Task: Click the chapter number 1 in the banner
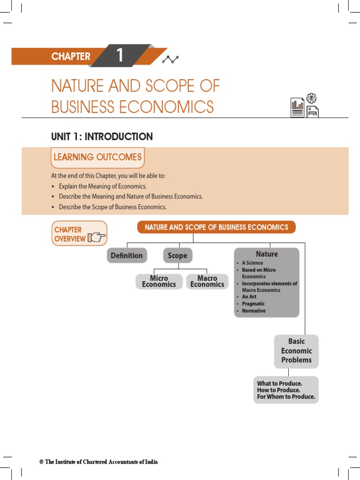click(120, 56)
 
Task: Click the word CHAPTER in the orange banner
click(71, 57)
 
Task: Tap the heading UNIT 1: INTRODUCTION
click(102, 137)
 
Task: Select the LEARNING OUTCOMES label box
click(97, 157)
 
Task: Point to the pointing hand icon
click(97, 238)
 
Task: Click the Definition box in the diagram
click(127, 255)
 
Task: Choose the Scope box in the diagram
click(177, 255)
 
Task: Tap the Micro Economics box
click(159, 281)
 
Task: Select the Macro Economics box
click(207, 281)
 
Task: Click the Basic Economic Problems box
click(296, 351)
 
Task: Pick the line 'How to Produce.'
click(278, 390)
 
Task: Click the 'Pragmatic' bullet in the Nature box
click(253, 304)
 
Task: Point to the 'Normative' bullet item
click(254, 311)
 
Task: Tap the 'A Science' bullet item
click(253, 263)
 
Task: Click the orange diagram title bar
click(216, 227)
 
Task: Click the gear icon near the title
click(311, 98)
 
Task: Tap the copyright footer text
click(99, 462)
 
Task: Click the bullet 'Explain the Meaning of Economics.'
click(103, 186)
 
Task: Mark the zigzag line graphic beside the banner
click(170, 59)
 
